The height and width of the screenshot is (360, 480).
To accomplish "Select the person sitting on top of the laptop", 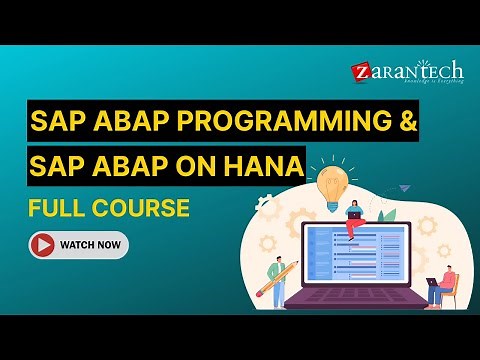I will (354, 218).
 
